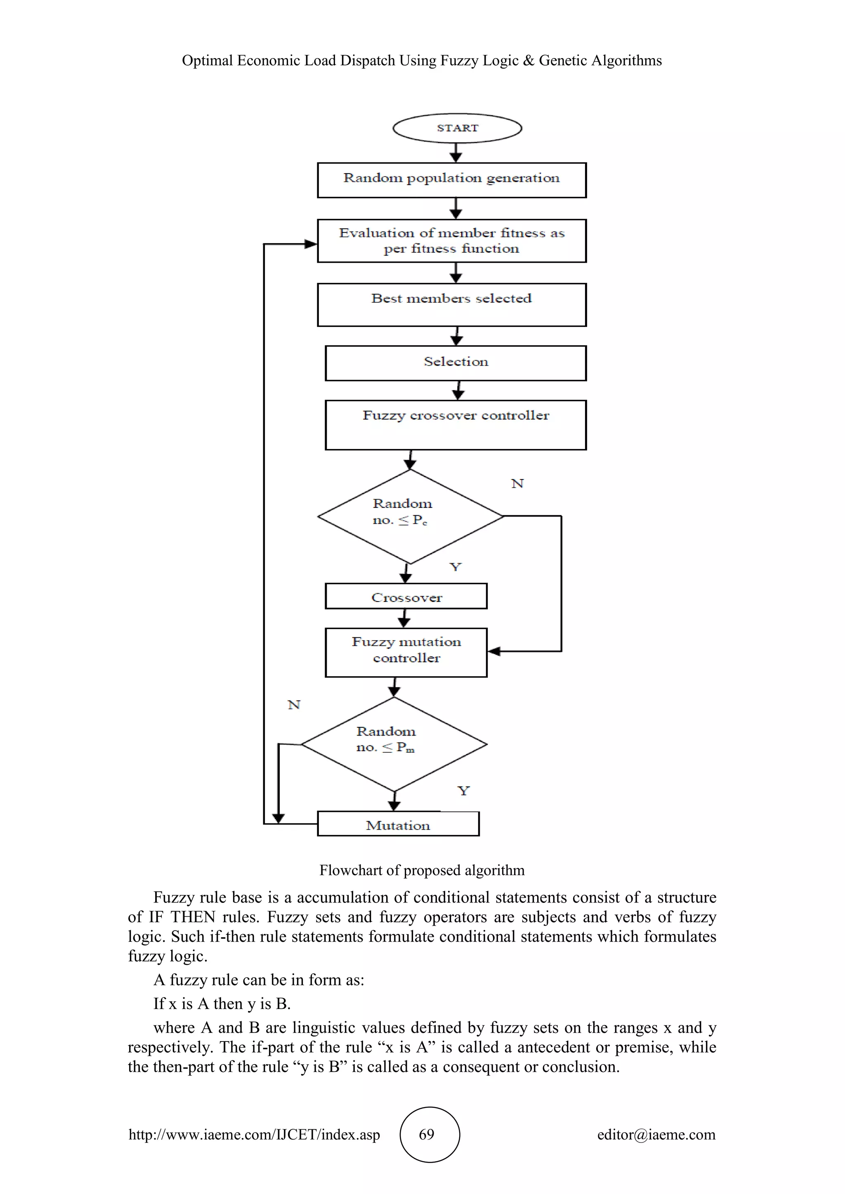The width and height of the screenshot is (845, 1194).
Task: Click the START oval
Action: point(457,128)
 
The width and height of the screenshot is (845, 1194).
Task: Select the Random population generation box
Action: point(452,180)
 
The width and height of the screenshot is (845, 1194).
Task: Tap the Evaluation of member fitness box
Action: point(452,241)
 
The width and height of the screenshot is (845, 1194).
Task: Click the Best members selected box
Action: point(452,305)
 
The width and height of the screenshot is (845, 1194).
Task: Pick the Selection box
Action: point(456,363)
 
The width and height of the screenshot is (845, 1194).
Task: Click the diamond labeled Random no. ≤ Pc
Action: point(410,516)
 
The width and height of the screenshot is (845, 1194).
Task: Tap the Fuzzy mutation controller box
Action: point(406,652)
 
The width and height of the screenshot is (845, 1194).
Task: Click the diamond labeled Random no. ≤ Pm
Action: point(394,744)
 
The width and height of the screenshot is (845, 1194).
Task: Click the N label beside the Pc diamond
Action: point(517,484)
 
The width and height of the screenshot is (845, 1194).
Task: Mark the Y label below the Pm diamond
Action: point(463,791)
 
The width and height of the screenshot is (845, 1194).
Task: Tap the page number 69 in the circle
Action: point(427,1134)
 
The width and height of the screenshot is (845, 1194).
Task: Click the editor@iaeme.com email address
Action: point(656,1134)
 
